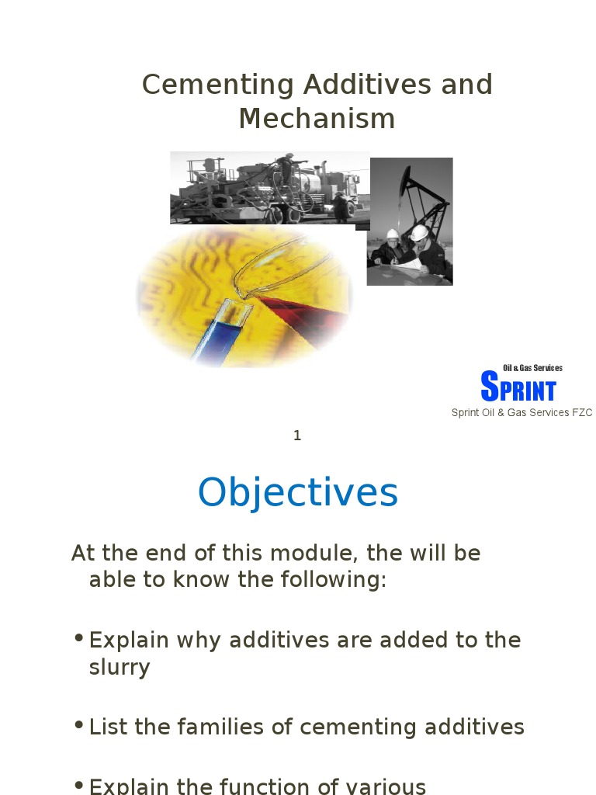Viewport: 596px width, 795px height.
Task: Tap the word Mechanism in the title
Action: (317, 119)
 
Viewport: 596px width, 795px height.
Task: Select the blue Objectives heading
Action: (298, 492)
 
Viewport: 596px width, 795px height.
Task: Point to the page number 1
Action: (297, 436)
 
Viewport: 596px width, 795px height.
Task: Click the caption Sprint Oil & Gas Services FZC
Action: (521, 413)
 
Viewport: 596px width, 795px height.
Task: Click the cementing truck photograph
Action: (268, 188)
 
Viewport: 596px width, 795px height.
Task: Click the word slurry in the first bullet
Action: (120, 668)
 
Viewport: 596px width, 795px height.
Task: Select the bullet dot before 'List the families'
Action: (78, 725)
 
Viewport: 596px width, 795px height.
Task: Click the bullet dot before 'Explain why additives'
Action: (78, 638)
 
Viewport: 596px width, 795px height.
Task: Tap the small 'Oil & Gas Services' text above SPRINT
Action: (532, 368)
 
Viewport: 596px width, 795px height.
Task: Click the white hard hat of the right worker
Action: (420, 232)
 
